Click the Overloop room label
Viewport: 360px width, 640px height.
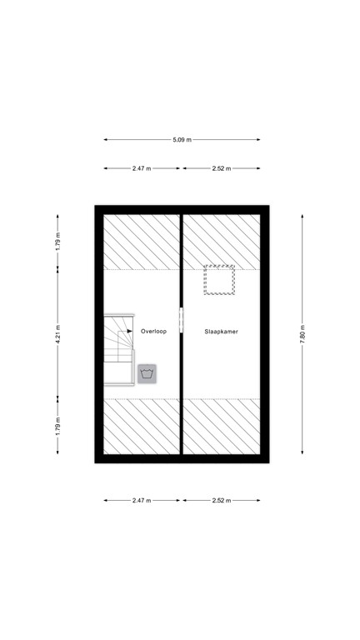pos(154,331)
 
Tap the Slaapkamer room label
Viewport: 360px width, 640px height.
pos(222,331)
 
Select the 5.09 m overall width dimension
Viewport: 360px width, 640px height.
pos(182,140)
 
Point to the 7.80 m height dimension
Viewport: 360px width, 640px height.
pos(302,332)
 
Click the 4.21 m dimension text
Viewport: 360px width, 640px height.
pos(58,333)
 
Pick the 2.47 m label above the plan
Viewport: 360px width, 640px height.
pos(142,168)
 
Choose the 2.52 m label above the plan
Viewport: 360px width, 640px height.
pos(221,168)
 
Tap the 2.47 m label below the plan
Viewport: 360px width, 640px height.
pos(142,501)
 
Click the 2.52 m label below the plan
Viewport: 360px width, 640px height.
pos(221,501)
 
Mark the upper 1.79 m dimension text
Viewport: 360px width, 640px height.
pos(58,241)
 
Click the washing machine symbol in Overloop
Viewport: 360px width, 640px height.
pos(147,373)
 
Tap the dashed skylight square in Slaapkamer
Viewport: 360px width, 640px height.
pos(219,281)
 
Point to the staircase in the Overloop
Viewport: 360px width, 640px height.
pos(118,350)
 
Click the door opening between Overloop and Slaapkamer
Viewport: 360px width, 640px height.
pos(181,323)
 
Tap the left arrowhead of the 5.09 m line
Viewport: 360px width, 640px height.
pos(106,140)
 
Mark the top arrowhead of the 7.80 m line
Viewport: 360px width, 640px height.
pos(302,213)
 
